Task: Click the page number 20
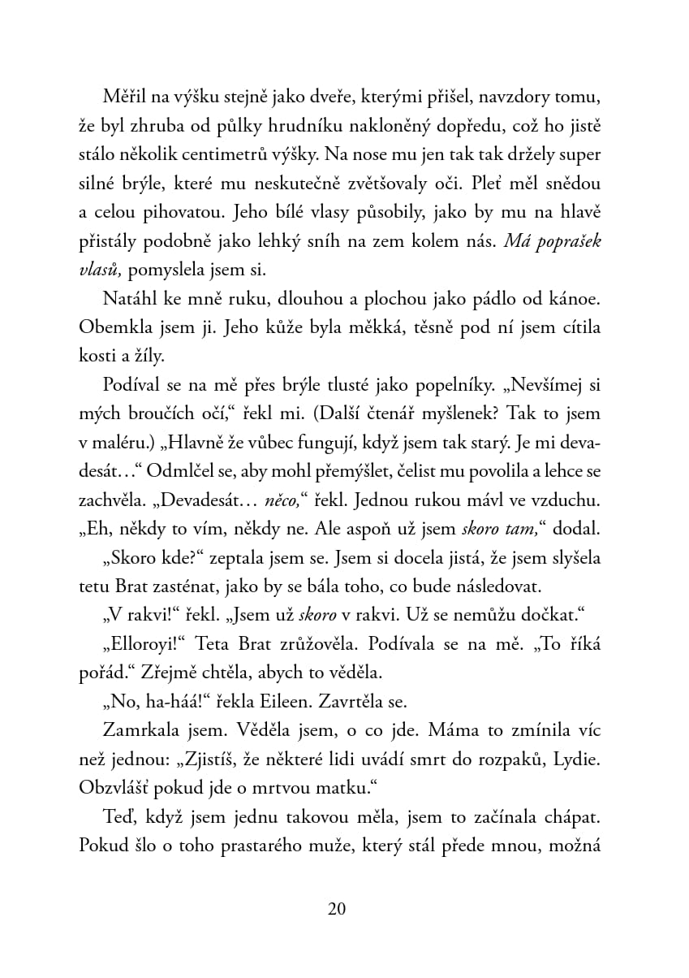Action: pos(338,909)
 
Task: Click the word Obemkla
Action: pos(113,329)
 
